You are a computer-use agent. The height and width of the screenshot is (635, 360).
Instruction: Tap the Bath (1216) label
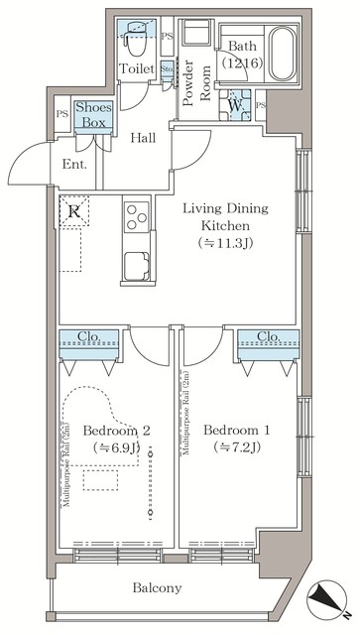243,55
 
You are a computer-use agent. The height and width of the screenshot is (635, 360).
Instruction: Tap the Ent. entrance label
74,165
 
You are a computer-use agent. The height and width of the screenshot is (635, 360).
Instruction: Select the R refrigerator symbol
74,210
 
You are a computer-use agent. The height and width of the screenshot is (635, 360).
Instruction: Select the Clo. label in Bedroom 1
268,336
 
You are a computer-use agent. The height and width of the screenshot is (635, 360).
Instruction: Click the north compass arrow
324,600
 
